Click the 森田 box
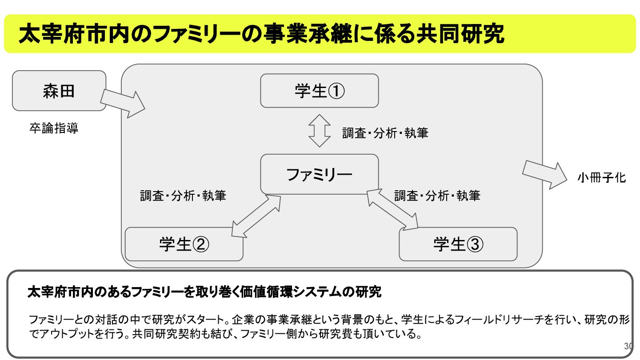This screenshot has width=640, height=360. (59, 91)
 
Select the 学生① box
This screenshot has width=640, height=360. (319, 91)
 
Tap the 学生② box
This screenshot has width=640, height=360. (184, 244)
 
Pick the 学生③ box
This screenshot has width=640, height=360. (458, 244)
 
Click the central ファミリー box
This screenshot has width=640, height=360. (319, 174)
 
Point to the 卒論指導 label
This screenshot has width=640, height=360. (54, 129)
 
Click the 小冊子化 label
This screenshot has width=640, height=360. (601, 178)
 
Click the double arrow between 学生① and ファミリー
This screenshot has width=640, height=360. (320, 131)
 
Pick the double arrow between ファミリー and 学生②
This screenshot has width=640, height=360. (256, 216)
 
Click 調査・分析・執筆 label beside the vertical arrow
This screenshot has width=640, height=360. (385, 133)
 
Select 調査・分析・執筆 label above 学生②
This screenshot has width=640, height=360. (183, 196)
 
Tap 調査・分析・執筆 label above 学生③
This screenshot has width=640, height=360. (437, 196)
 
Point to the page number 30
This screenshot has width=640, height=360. (628, 346)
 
